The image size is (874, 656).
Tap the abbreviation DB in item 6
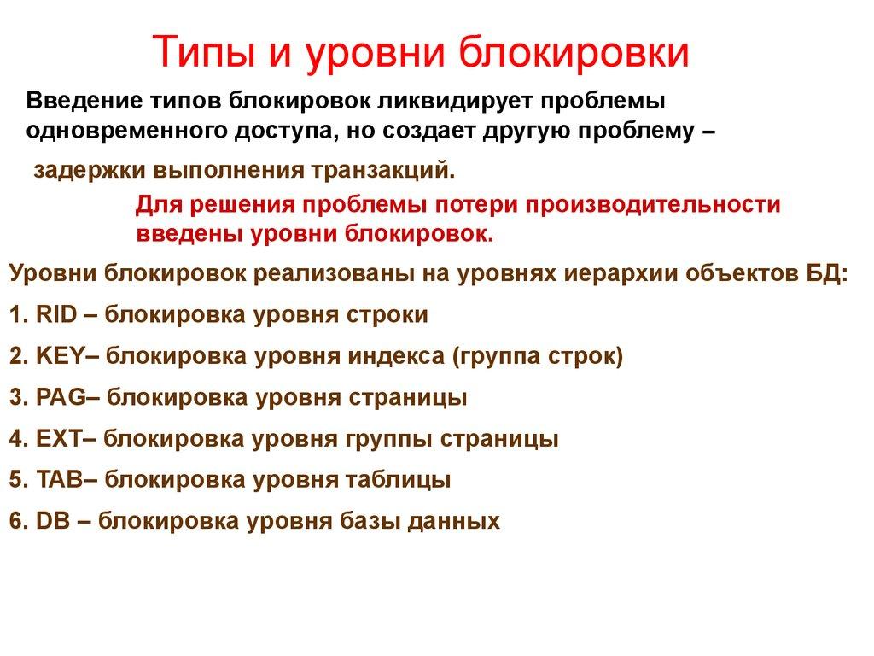tap(52, 522)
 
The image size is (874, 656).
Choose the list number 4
tap(16, 440)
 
